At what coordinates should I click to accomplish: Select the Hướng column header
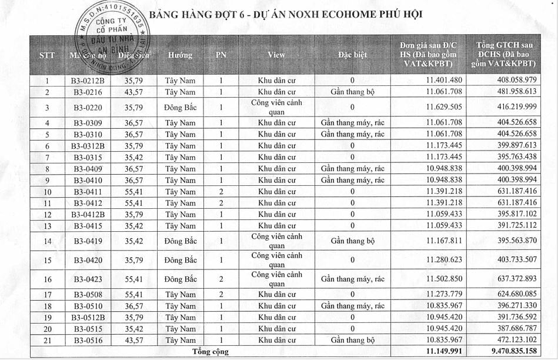click(x=180, y=55)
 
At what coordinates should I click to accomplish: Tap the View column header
click(x=276, y=55)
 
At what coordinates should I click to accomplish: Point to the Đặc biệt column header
click(x=352, y=55)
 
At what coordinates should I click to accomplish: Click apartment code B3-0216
click(x=88, y=92)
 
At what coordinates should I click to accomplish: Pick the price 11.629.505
click(x=444, y=107)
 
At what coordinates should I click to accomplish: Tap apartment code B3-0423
click(x=88, y=279)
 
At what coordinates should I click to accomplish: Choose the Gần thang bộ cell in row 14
click(x=352, y=241)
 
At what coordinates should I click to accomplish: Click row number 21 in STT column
click(x=47, y=340)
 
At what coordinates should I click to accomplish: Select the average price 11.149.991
click(x=444, y=352)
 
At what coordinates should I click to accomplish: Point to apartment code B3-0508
click(x=88, y=295)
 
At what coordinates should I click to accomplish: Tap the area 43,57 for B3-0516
click(x=133, y=340)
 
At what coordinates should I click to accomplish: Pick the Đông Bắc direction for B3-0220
click(x=180, y=107)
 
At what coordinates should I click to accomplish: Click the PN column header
click(x=221, y=55)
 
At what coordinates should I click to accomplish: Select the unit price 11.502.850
click(x=444, y=279)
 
